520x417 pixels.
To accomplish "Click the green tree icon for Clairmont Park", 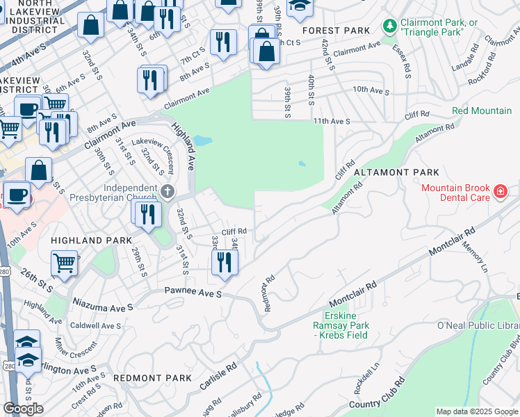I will click(x=390, y=26).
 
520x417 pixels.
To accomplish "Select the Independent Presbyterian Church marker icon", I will click(x=166, y=191).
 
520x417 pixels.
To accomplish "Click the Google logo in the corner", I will click(x=24, y=409).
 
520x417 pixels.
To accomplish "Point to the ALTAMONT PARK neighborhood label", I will click(x=396, y=172).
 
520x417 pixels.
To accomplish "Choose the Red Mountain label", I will click(x=482, y=111).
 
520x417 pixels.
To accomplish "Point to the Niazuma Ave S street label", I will click(x=102, y=306).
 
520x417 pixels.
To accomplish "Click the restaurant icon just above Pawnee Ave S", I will click(x=224, y=263).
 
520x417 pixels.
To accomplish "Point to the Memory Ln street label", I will click(x=476, y=257).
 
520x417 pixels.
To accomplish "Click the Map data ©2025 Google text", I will click(x=477, y=411).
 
